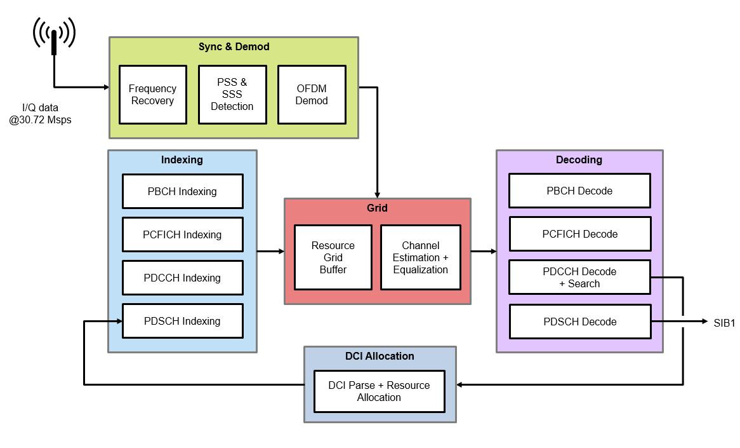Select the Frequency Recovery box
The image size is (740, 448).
pos(153,95)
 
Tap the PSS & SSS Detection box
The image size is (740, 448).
pos(232,95)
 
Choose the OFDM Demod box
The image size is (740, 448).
pos(312,95)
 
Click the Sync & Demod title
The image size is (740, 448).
pos(234,47)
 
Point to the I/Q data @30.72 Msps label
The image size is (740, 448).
pos(40,114)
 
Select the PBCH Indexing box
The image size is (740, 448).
pos(182,191)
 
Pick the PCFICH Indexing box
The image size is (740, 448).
pos(182,234)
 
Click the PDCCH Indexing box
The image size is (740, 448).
pos(182,278)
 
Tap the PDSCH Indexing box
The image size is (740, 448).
pos(182,321)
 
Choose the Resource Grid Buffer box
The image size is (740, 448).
pos(333,257)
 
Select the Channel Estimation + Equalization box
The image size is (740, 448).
pos(420,257)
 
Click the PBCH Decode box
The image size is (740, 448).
pos(579,191)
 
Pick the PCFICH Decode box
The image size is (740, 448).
pos(579,234)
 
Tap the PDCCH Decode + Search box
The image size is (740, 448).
pos(579,277)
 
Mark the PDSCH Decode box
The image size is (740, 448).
pos(579,322)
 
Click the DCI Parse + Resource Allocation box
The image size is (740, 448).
pos(379,391)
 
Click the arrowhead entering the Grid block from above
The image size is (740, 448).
pos(378,194)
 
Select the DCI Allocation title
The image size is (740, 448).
pos(380,356)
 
